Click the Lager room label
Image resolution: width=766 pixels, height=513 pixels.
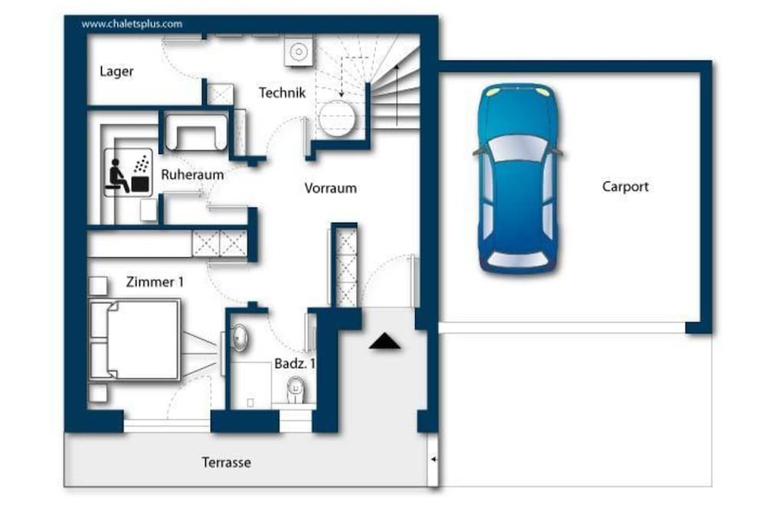[x=116, y=71]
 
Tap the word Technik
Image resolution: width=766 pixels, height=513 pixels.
[x=283, y=93]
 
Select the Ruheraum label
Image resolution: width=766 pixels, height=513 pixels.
[x=192, y=175]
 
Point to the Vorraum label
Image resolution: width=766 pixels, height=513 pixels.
[x=330, y=188]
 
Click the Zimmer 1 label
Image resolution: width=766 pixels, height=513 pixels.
[x=155, y=282]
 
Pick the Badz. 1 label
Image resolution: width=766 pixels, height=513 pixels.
[x=295, y=364]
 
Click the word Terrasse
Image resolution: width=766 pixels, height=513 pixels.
[x=227, y=462]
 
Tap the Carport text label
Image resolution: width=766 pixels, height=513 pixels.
[x=625, y=187]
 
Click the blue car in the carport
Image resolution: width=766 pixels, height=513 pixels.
[x=518, y=178]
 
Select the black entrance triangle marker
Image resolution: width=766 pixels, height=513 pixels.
[x=385, y=341]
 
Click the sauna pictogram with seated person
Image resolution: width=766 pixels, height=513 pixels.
[x=128, y=172]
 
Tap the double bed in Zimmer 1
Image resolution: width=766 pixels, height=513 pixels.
[x=134, y=340]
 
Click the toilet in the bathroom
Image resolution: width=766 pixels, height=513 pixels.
[x=296, y=390]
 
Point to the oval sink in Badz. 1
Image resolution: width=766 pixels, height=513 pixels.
[x=240, y=338]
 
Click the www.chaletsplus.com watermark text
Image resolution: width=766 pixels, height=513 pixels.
[x=132, y=24]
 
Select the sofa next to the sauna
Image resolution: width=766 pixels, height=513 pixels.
[x=196, y=132]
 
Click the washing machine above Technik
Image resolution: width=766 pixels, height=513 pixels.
[x=299, y=51]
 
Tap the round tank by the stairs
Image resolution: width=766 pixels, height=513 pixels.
[x=337, y=119]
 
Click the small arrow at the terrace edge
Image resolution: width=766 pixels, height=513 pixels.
[x=434, y=459]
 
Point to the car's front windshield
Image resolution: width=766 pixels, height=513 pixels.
[x=518, y=149]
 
